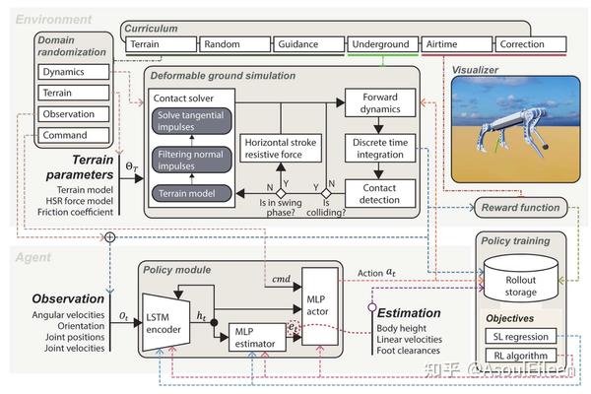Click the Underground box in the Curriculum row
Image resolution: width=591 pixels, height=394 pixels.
point(382,44)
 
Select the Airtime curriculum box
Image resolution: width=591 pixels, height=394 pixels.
point(456,44)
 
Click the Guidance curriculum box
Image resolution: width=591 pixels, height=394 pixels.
point(308,44)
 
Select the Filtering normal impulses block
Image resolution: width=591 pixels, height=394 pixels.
point(196,160)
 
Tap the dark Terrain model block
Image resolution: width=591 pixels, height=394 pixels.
point(196,193)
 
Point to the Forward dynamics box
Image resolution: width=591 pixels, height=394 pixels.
point(379,105)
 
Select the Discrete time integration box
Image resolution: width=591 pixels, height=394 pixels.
point(379,148)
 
